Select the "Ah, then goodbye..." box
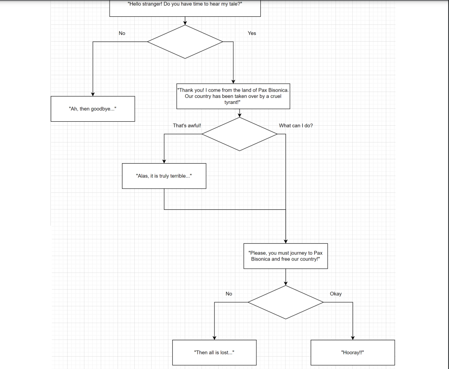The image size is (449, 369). click(x=93, y=109)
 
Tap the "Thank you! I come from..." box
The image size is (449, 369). click(x=233, y=96)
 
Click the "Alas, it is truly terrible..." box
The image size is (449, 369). click(x=164, y=176)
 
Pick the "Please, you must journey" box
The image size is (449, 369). click(x=285, y=256)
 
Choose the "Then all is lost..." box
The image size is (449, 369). click(x=214, y=353)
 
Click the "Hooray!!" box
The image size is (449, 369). click(x=353, y=353)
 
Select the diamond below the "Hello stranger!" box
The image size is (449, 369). click(x=185, y=42)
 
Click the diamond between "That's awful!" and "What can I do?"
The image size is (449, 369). click(x=240, y=134)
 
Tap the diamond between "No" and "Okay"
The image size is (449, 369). click(x=285, y=302)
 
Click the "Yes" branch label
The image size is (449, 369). click(x=252, y=33)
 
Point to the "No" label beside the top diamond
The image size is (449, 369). click(x=122, y=33)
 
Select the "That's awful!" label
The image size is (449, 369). click(x=187, y=126)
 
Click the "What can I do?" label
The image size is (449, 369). click(x=296, y=126)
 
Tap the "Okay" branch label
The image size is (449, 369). click(x=335, y=294)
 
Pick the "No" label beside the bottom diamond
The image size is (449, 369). click(x=229, y=294)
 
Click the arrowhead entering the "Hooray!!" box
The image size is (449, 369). click(x=353, y=338)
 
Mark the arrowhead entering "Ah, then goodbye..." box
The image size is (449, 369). click(x=93, y=94)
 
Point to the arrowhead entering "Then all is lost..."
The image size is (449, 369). click(x=214, y=338)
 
